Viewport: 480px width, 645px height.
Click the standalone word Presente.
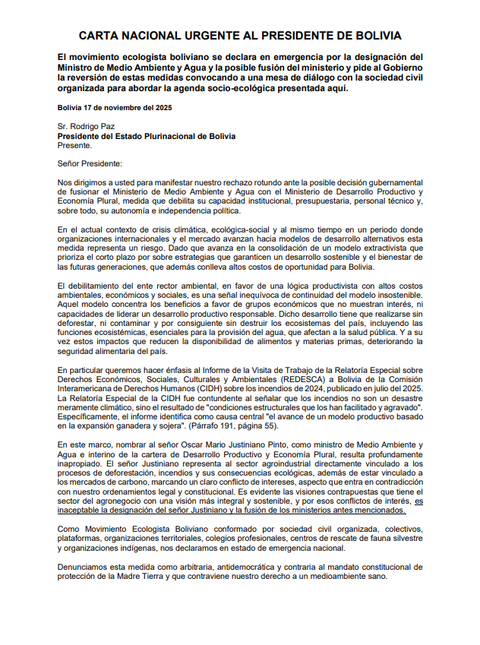coord(74,145)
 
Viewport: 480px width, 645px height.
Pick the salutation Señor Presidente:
coord(90,163)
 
